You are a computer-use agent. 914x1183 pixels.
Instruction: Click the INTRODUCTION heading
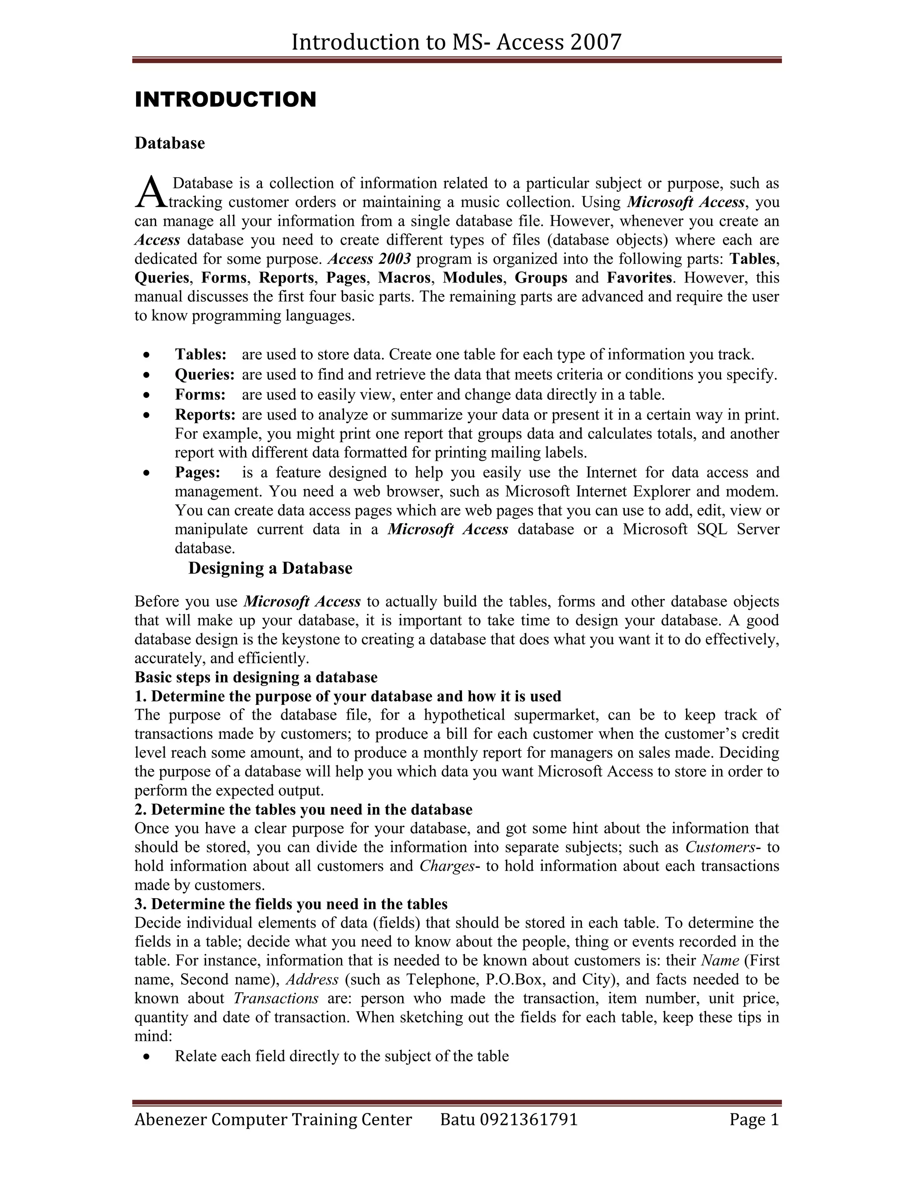(225, 100)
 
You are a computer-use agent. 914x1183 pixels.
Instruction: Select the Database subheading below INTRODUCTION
(170, 143)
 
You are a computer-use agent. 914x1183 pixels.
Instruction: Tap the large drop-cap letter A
(150, 193)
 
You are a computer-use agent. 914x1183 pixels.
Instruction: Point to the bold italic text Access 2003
(369, 258)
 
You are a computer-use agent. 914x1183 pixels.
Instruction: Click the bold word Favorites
(639, 277)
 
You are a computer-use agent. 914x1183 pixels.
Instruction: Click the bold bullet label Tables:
(200, 354)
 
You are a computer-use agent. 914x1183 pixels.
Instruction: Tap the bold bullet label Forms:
(200, 394)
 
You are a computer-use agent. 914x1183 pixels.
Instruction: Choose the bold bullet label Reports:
(205, 414)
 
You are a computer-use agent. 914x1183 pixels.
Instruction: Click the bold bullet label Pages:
(198, 472)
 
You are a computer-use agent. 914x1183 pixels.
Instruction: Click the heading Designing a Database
(270, 568)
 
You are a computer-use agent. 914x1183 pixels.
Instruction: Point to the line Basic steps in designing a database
(256, 677)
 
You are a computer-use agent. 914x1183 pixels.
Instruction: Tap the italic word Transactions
(276, 998)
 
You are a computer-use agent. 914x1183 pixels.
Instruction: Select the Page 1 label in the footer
(754, 1119)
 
